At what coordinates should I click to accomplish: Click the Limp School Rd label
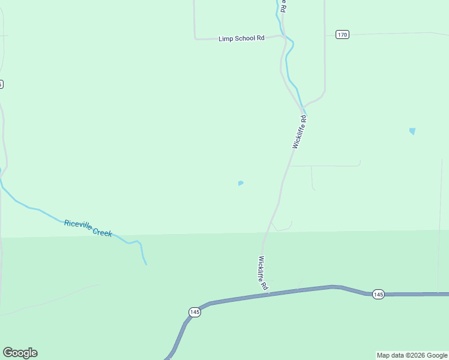[x=241, y=38]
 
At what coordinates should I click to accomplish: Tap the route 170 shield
[x=342, y=34]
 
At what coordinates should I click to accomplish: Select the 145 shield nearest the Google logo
[x=194, y=312]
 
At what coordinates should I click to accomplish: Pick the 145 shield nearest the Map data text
[x=378, y=294]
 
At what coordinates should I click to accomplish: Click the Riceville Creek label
[x=88, y=228]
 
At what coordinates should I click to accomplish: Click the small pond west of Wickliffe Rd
[x=241, y=183]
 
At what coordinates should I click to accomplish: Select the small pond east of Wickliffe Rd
[x=412, y=131]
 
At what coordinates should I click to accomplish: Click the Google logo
[x=20, y=353]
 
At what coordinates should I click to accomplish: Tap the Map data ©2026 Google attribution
[x=412, y=355]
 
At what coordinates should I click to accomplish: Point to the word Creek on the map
[x=103, y=232]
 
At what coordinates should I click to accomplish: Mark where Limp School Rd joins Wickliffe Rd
[x=283, y=35]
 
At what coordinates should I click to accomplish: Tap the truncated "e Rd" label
[x=283, y=7]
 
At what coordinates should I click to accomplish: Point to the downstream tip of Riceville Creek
[x=146, y=263]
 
